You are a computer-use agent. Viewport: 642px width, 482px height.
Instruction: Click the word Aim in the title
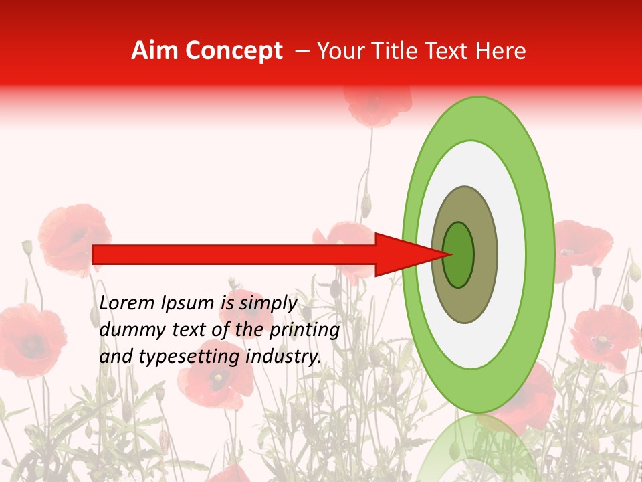[154, 51]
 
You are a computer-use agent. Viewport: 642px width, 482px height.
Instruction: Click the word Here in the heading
[500, 51]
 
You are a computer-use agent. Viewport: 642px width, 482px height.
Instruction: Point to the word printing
[304, 331]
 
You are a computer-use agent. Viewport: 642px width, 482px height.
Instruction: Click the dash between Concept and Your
[302, 52]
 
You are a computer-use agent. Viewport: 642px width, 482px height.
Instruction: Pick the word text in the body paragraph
[191, 330]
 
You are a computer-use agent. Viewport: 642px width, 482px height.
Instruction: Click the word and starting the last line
[116, 357]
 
